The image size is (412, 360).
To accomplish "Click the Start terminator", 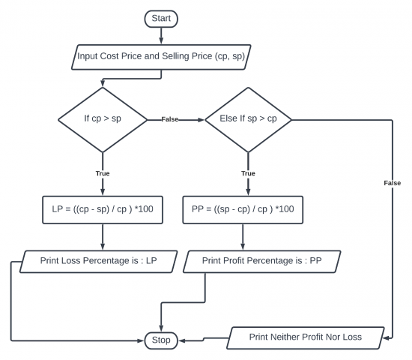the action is (x=161, y=19).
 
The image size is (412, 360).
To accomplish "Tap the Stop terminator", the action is (x=161, y=340).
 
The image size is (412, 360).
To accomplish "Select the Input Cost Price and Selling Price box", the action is (x=161, y=57).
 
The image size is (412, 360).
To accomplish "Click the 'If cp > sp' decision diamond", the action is (x=103, y=120).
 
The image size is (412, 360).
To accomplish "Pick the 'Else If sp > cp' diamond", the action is (x=248, y=120).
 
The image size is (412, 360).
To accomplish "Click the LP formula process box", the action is (x=103, y=210).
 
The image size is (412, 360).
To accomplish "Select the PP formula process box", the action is (x=243, y=210).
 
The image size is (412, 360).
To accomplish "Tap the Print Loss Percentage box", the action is (x=99, y=261).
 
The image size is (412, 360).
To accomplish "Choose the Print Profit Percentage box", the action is (x=262, y=261).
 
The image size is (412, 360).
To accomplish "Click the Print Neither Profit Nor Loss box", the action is (x=306, y=338).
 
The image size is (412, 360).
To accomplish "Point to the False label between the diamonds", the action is (x=170, y=119).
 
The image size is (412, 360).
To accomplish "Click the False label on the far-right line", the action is (x=393, y=183).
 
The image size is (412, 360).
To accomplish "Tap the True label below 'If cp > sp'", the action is (x=103, y=173).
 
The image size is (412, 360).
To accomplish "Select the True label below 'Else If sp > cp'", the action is (x=248, y=173).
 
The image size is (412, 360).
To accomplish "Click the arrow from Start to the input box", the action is (x=161, y=35).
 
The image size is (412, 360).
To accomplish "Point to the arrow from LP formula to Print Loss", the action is (x=103, y=237).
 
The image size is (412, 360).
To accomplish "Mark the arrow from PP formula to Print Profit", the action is (x=243, y=237).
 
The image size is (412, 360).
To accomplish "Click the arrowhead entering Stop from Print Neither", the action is (x=181, y=340).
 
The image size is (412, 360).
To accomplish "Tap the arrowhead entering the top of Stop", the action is (x=161, y=328).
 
